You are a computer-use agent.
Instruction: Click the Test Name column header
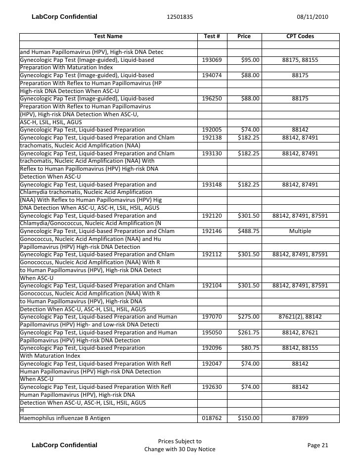pos(108,37)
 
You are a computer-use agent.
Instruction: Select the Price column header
pos(244,37)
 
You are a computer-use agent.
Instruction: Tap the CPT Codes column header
pos(300,37)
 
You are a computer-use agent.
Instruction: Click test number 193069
pos(212,60)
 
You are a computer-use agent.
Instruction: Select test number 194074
pos(212,76)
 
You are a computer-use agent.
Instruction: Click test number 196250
pos(212,99)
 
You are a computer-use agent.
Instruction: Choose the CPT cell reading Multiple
pos(300,231)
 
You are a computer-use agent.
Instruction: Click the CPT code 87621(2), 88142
pos(300,317)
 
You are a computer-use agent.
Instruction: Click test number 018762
pos(212,418)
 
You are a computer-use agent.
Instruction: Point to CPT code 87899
pos(300,418)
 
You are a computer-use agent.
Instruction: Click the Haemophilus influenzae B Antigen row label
pos(65,418)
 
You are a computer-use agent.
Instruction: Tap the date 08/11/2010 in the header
pos(313,17)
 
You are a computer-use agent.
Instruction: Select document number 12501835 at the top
pos(180,17)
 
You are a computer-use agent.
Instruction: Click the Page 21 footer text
pos(317,445)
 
